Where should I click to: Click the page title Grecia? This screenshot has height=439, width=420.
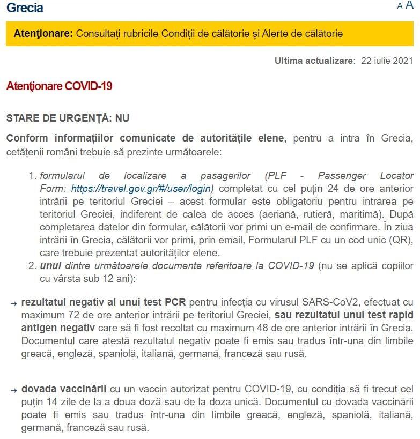pos(25,8)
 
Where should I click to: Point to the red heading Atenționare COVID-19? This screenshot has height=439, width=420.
pos(59,86)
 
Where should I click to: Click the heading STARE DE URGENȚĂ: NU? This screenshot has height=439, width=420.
pos(68,118)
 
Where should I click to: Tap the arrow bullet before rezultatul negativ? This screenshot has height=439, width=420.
pos(13,303)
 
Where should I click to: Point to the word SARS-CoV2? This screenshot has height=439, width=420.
pos(284,302)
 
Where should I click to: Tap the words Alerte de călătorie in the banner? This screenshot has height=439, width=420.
pos(303,33)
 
